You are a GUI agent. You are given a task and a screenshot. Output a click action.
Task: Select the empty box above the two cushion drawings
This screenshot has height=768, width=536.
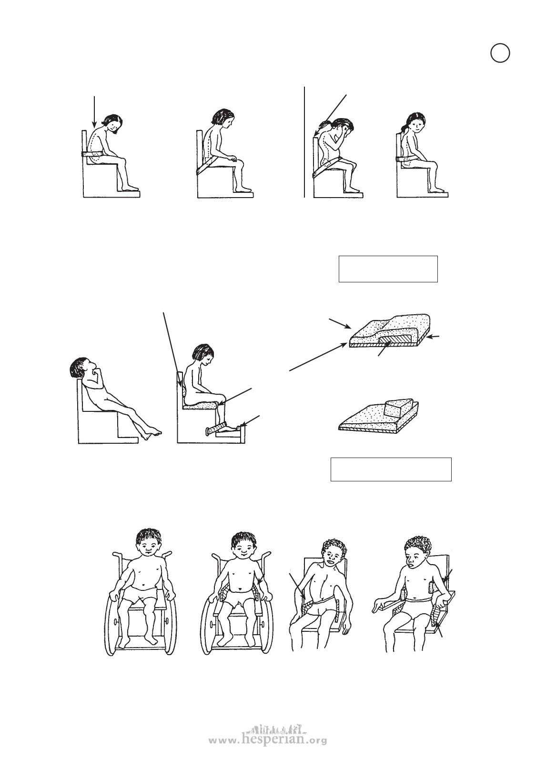tap(388, 269)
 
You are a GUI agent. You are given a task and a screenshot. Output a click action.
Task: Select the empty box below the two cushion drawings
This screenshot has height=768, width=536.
tap(391, 469)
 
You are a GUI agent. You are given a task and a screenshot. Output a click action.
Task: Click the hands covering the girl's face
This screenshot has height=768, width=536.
tap(346, 131)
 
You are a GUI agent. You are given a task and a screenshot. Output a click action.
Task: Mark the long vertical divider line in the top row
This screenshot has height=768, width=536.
tap(304, 142)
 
